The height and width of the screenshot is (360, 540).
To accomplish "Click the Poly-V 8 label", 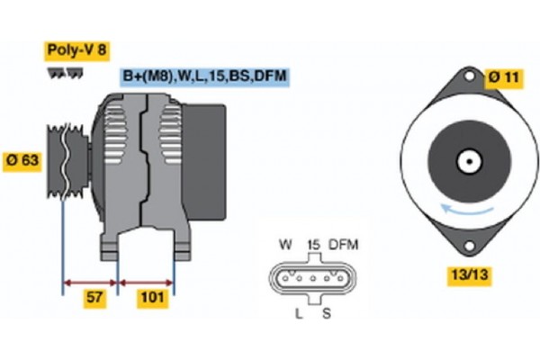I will [x=76, y=50].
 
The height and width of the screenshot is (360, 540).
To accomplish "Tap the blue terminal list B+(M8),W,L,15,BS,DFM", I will [x=204, y=76].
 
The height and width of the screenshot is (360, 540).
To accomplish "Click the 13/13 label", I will [x=469, y=275].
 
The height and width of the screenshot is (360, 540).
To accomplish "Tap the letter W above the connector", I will [x=286, y=245].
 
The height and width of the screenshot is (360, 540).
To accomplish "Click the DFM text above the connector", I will [x=344, y=245].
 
